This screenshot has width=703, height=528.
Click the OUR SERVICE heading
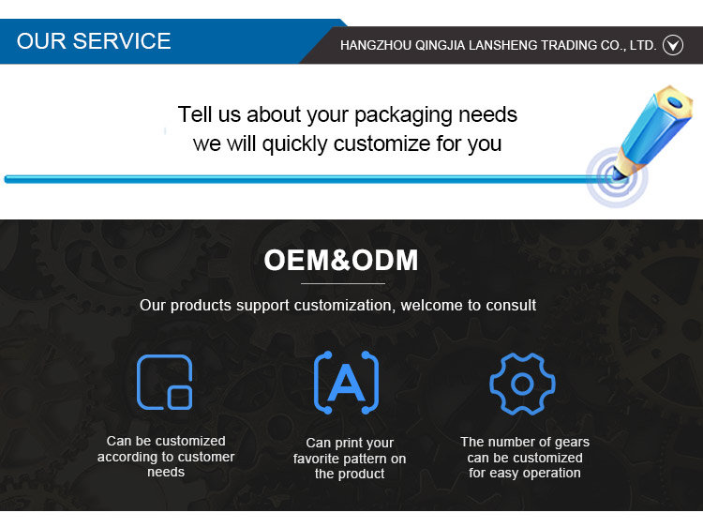tap(94, 41)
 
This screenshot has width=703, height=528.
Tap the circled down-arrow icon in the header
tap(673, 45)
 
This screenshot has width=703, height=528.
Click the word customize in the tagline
tap(381, 144)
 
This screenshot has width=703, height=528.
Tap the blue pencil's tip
tap(616, 178)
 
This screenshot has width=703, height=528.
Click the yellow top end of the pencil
tap(674, 101)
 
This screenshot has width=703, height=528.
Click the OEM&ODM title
tap(341, 260)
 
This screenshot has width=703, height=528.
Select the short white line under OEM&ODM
tap(342, 283)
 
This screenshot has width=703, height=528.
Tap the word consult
tap(511, 305)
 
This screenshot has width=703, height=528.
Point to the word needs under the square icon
tap(166, 473)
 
